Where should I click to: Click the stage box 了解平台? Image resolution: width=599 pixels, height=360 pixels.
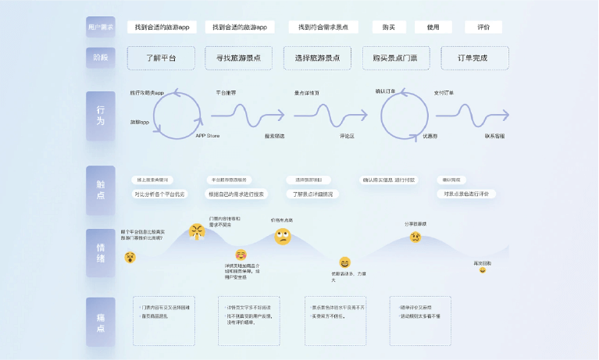pyautogui.click(x=161, y=58)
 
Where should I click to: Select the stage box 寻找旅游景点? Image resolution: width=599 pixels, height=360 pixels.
pyautogui.click(x=238, y=58)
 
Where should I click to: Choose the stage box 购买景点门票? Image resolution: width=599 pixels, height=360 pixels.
pyautogui.click(x=395, y=58)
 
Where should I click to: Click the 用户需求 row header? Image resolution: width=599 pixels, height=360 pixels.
pyautogui.click(x=101, y=27)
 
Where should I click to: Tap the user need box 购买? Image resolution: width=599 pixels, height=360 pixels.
pyautogui.click(x=388, y=27)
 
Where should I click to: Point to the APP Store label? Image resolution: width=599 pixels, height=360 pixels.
pyautogui.click(x=206, y=136)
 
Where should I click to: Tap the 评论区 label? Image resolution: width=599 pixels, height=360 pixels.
pyautogui.click(x=348, y=136)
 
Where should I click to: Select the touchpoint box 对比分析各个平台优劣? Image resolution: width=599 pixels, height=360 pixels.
pyautogui.click(x=160, y=194)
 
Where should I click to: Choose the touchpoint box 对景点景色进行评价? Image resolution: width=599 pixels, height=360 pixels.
pyautogui.click(x=465, y=194)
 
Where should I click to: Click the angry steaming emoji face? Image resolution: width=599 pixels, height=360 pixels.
pyautogui.click(x=196, y=231)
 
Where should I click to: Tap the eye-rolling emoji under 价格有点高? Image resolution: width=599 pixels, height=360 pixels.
pyautogui.click(x=282, y=236)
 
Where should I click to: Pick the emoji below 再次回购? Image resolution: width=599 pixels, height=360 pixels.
pyautogui.click(x=483, y=273)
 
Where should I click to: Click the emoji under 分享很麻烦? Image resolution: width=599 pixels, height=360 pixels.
pyautogui.click(x=415, y=236)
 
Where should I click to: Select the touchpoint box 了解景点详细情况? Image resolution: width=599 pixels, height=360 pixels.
pyautogui.click(x=312, y=194)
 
